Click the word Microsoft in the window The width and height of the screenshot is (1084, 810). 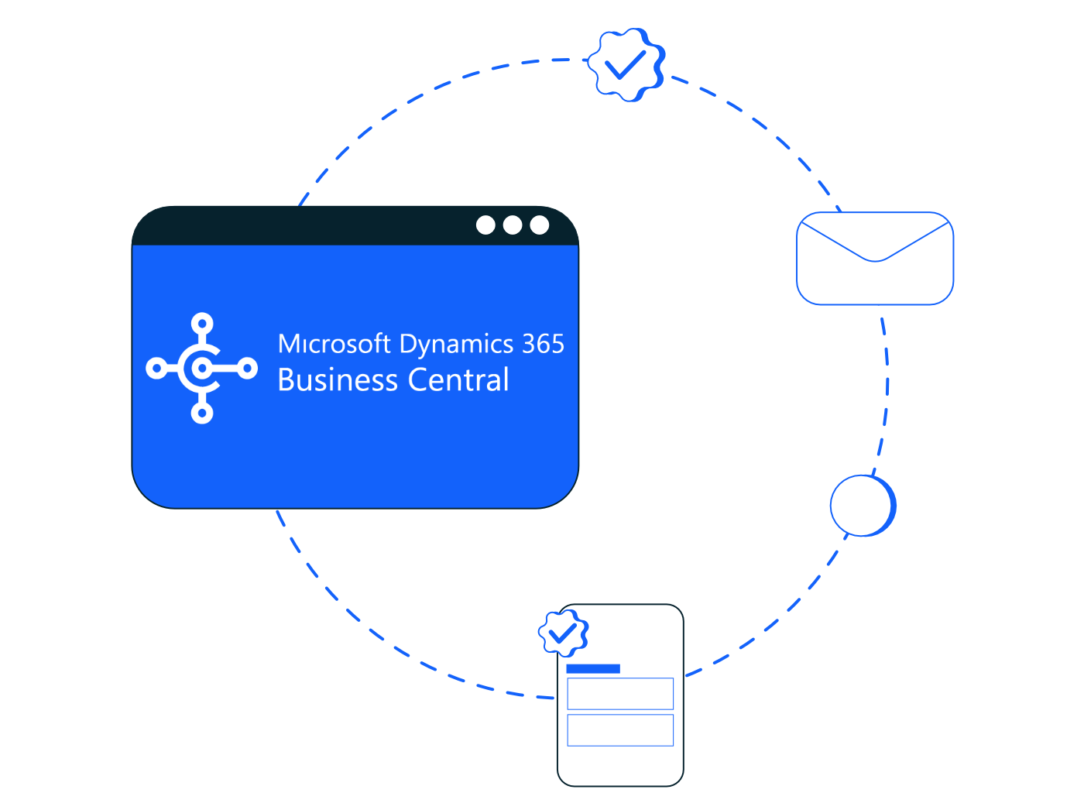click(x=334, y=344)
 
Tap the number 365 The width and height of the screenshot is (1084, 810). click(x=543, y=344)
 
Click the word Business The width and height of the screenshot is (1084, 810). click(x=338, y=380)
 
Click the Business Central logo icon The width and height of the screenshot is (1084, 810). click(x=202, y=369)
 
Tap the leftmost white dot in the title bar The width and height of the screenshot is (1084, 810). click(x=485, y=225)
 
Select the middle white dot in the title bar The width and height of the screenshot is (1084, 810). click(x=513, y=225)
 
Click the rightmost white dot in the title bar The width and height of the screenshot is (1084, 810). click(x=540, y=225)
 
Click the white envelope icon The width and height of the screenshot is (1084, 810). click(x=875, y=259)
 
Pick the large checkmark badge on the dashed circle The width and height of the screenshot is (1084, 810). click(x=626, y=65)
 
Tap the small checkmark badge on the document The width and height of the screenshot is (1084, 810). click(x=563, y=633)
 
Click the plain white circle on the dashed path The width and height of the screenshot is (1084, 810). click(x=862, y=505)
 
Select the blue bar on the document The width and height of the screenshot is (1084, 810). click(x=593, y=668)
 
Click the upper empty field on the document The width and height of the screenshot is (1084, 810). click(x=620, y=694)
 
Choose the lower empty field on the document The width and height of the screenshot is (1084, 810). click(x=620, y=730)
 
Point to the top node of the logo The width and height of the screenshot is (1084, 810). click(x=202, y=324)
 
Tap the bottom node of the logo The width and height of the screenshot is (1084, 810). click(x=202, y=414)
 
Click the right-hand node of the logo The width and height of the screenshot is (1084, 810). click(x=248, y=369)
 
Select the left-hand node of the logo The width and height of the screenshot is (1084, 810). click(x=156, y=369)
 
